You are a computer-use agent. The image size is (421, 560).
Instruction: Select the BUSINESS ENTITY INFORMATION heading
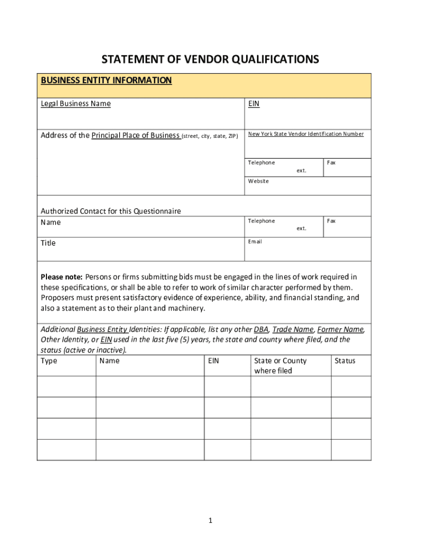coord(106,80)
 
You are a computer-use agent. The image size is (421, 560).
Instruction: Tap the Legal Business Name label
coord(75,103)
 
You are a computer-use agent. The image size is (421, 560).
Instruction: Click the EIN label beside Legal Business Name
coord(254,103)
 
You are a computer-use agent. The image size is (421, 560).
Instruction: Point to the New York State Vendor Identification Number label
coord(306,134)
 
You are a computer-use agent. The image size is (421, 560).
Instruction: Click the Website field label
coord(258,181)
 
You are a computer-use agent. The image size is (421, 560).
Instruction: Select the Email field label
coord(255,241)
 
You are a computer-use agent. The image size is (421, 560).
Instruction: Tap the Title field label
coord(48,243)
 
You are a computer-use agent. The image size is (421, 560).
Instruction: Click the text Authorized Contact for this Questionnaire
coord(110,211)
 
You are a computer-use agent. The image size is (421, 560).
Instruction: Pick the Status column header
coord(345,360)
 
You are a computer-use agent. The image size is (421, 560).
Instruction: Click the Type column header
coord(49,360)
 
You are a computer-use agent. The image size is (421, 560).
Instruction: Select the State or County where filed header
coord(280,365)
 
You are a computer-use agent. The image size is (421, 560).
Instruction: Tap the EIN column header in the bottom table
coord(213,360)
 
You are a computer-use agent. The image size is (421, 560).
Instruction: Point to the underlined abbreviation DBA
coord(261,329)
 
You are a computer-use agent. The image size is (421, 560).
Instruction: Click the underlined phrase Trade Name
coord(293,329)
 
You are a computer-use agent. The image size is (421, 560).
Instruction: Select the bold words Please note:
coord(62,277)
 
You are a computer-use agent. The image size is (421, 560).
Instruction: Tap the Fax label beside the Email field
coord(331,221)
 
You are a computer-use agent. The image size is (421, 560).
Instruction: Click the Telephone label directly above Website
coord(261,162)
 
